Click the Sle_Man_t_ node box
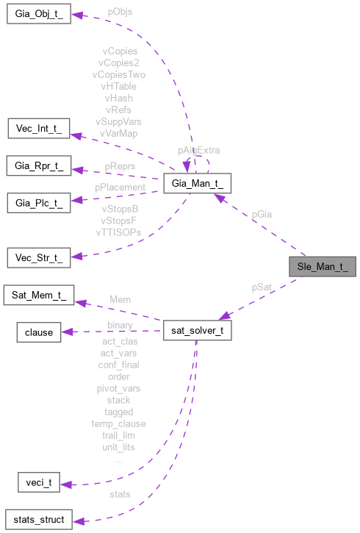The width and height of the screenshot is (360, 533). (322, 267)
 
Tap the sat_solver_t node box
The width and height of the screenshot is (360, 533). (198, 332)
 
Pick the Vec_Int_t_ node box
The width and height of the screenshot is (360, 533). (38, 129)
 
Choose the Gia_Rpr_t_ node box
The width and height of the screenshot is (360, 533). (39, 166)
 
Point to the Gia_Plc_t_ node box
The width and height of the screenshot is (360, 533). (38, 201)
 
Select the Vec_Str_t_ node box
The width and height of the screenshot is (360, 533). (38, 258)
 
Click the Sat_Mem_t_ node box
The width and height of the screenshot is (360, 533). (39, 296)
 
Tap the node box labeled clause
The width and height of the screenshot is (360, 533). (39, 332)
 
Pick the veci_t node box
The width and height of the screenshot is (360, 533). (38, 484)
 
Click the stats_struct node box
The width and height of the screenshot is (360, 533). (38, 520)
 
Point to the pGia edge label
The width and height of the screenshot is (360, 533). (262, 215)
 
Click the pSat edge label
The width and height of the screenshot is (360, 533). (262, 286)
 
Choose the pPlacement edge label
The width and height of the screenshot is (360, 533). (120, 187)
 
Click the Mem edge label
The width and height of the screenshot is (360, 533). (120, 300)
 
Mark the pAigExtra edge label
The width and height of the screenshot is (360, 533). (198, 149)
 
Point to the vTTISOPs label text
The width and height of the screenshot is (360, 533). (118, 232)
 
